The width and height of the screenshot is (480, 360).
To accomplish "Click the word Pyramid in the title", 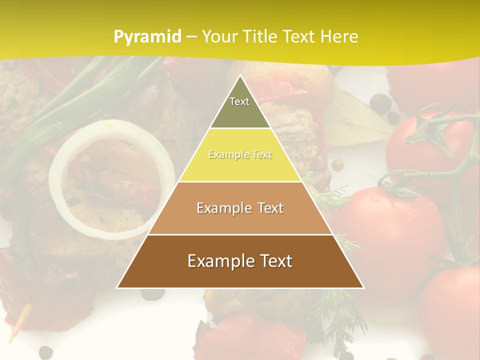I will pyautogui.click(x=147, y=37).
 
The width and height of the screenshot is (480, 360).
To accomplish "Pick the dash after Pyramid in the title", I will pyautogui.click(x=191, y=37).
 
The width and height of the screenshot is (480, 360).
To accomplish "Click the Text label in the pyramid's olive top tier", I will pyautogui.click(x=239, y=101).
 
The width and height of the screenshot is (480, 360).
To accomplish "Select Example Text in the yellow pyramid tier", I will pyautogui.click(x=240, y=155).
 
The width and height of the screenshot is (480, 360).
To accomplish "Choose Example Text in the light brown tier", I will pyautogui.click(x=240, y=208).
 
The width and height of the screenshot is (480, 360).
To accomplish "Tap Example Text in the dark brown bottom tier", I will pyautogui.click(x=240, y=261).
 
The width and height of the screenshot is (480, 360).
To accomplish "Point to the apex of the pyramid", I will pyautogui.click(x=240, y=75).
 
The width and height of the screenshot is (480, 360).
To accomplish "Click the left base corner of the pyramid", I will pyautogui.click(x=117, y=287).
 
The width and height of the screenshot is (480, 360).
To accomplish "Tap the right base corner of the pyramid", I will pyautogui.click(x=363, y=287).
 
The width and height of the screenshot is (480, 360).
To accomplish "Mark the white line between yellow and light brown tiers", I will pyautogui.click(x=240, y=181).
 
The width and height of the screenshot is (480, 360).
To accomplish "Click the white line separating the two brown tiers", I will pyautogui.click(x=240, y=234).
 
